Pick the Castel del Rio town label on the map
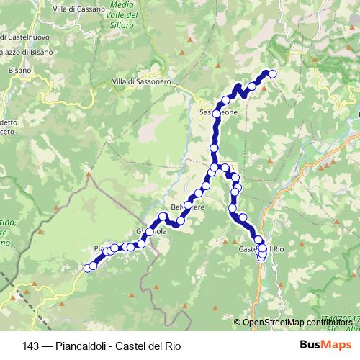[262, 249]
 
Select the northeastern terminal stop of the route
[273, 73]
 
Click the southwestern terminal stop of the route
[88, 268]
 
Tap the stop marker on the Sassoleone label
[216, 114]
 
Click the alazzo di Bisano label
[24, 51]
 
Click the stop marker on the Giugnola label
[150, 232]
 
